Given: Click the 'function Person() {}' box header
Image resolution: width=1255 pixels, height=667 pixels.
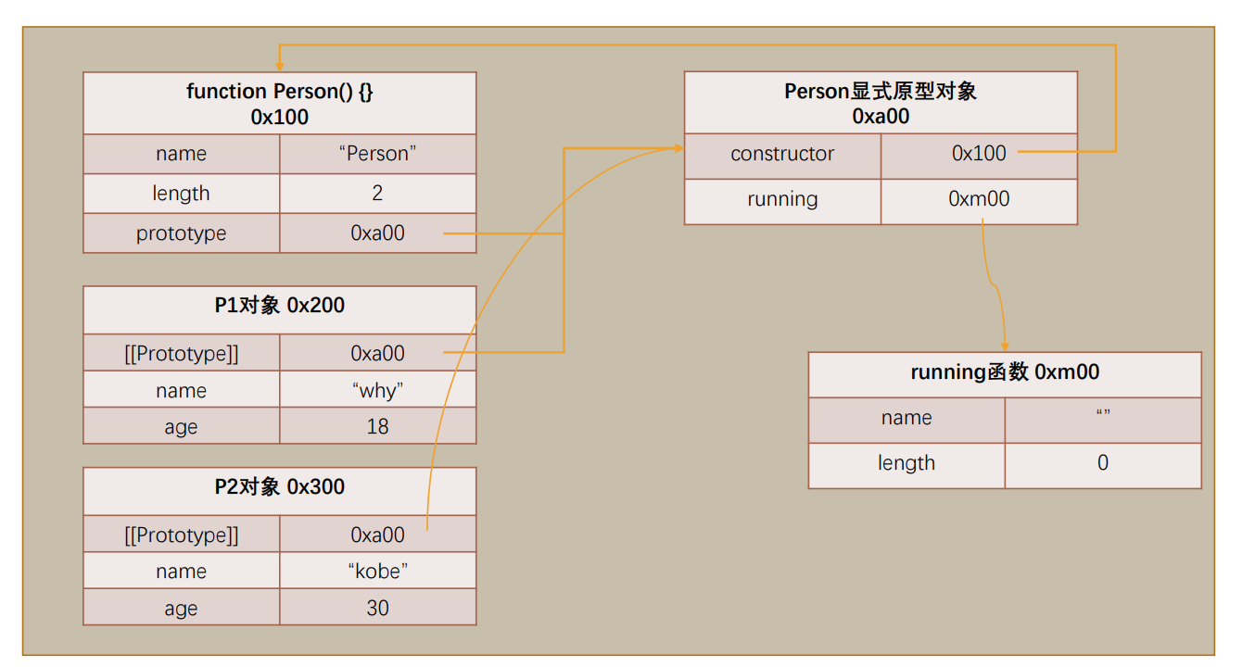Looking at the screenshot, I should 279,104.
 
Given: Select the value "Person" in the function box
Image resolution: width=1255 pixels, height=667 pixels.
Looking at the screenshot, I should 377,154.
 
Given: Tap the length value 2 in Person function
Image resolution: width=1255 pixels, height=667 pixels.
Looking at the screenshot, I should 377,194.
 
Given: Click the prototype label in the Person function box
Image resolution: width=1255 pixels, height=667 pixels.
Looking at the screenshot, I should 181,233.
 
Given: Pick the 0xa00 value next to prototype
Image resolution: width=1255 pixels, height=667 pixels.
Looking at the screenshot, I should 377,233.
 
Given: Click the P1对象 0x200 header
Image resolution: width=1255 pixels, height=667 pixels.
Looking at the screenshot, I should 279,306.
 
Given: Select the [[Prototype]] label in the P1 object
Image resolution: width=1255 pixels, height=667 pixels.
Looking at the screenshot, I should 181,353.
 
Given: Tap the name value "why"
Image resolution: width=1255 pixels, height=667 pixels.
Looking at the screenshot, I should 377,390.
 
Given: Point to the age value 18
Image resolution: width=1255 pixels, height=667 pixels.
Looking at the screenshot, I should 377,426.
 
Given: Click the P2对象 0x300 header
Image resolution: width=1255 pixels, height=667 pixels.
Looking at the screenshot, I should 279,487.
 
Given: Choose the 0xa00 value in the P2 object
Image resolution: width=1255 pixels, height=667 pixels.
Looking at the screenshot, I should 377,535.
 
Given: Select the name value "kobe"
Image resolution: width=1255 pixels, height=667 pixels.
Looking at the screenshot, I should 377,572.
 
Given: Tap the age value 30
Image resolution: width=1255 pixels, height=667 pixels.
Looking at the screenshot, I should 377,608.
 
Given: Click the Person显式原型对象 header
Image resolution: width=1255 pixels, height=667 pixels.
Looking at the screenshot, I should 881,103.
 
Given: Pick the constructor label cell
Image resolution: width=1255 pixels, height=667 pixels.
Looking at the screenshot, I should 782,154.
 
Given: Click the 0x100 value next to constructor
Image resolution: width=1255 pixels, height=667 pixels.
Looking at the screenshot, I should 979,154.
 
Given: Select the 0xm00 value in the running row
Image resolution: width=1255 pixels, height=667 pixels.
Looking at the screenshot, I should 979,199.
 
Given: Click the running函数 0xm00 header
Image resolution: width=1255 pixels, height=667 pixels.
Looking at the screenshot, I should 1005,372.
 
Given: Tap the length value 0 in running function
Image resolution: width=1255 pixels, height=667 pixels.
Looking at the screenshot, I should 1102,463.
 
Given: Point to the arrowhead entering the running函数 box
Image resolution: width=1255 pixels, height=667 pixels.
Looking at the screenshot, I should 1005,346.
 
